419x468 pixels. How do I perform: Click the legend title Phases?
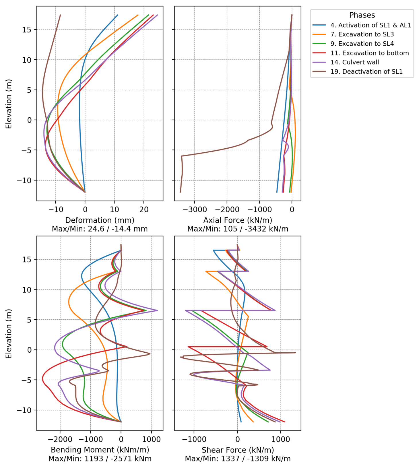click(362, 15)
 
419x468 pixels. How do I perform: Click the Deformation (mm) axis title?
click(100, 220)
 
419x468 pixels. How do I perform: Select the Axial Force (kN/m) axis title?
click(238, 220)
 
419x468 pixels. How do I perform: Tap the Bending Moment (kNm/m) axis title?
click(100, 450)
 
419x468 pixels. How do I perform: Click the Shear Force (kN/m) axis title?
click(238, 450)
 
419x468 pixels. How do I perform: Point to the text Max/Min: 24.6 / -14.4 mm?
click(100, 229)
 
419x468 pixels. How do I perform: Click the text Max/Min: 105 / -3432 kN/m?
click(238, 229)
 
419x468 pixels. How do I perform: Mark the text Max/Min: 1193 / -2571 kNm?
click(100, 459)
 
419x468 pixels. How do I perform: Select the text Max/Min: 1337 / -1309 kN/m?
click(238, 459)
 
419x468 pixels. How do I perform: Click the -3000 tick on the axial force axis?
click(194, 209)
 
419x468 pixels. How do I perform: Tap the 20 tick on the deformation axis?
click(144, 209)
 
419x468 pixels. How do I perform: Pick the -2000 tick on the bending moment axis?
click(60, 439)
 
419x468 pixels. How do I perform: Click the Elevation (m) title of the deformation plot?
click(9, 104)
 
